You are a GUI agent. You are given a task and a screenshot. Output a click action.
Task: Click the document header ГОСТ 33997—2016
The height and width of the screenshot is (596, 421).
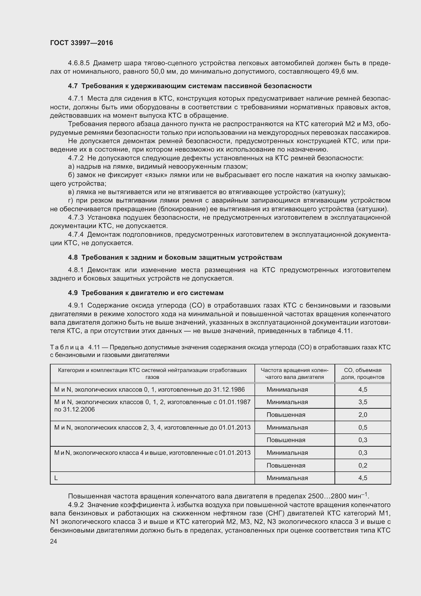[81, 43]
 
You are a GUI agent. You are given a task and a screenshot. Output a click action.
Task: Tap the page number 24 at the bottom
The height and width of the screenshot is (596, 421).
[53, 541]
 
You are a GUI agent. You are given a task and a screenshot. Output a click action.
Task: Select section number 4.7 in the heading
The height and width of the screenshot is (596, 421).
[73, 86]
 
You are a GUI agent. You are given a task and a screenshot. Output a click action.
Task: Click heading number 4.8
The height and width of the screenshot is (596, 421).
[73, 257]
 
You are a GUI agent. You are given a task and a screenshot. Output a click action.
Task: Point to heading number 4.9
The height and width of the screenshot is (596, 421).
[73, 293]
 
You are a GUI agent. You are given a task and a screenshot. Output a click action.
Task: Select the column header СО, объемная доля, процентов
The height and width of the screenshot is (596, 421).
[362, 374]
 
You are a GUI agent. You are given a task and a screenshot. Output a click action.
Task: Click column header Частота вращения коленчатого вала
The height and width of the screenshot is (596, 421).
[294, 374]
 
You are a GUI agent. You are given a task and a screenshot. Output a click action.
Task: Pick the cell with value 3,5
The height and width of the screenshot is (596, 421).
[363, 402]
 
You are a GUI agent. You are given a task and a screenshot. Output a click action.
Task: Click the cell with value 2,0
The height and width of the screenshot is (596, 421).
[363, 415]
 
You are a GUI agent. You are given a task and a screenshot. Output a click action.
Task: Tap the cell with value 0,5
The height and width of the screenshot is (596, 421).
[363, 428]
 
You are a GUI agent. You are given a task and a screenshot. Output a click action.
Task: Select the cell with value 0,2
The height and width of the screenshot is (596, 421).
[363, 466]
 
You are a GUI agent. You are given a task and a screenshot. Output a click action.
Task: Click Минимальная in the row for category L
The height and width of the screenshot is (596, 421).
[287, 478]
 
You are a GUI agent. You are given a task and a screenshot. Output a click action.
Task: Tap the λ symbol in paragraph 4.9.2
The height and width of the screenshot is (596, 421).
[173, 505]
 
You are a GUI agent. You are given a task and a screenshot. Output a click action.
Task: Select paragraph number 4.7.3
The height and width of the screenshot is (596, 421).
[76, 218]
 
